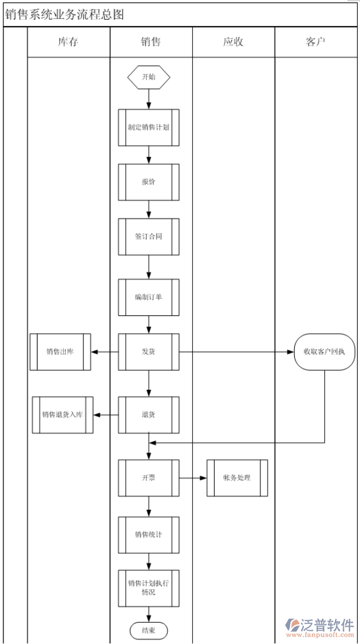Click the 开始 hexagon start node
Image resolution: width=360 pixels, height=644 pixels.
(x=149, y=77)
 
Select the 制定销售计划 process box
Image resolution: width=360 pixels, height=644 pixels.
(x=149, y=127)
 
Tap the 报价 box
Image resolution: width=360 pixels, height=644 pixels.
(x=149, y=182)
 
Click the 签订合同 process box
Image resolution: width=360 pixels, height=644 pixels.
(x=149, y=236)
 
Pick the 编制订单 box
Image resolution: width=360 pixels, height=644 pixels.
(x=149, y=297)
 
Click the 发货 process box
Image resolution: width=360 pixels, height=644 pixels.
(x=149, y=352)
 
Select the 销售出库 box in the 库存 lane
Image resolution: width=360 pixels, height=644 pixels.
(x=60, y=352)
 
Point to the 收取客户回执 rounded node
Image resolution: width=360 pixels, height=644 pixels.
(x=324, y=352)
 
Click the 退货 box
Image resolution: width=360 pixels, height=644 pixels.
(x=149, y=415)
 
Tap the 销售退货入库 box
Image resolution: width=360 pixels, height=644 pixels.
(x=62, y=415)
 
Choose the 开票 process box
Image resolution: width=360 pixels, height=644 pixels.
(x=149, y=478)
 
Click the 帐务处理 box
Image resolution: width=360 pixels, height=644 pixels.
(x=237, y=478)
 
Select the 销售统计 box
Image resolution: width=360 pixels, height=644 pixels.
(x=149, y=534)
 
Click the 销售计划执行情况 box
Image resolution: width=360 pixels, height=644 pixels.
(x=149, y=588)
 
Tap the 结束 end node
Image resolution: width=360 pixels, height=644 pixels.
(x=149, y=631)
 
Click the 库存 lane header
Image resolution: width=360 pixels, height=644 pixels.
(x=68, y=42)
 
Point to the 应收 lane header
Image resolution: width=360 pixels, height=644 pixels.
(x=233, y=42)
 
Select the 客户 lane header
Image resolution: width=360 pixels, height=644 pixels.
(x=316, y=42)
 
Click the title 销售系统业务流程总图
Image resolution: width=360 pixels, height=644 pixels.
(x=65, y=14)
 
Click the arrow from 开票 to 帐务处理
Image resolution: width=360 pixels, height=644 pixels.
(x=193, y=478)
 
